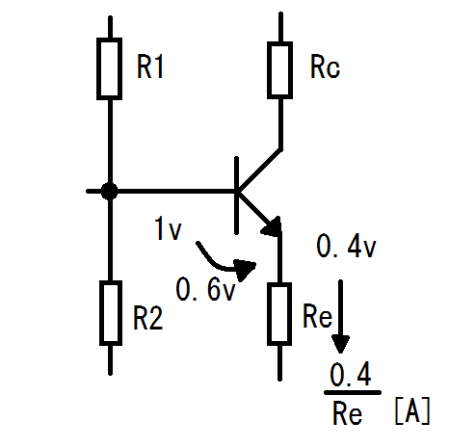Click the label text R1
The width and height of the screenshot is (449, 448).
[150, 66]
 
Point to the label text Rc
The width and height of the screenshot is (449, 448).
[325, 66]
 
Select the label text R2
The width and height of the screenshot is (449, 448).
[148, 318]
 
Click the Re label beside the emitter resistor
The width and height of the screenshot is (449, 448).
[317, 316]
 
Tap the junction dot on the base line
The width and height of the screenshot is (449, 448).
[109, 192]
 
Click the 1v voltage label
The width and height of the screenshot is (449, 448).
[168, 228]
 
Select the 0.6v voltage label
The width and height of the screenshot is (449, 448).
[206, 289]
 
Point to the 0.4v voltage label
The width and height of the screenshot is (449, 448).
[346, 246]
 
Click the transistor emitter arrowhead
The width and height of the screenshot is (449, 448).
[273, 227]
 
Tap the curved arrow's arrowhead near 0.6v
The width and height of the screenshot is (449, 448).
[245, 270]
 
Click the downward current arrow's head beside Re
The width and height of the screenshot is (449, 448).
[340, 344]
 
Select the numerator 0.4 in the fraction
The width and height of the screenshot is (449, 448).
[351, 374]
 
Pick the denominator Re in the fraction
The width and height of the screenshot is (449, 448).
[348, 413]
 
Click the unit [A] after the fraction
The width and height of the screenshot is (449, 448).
[412, 411]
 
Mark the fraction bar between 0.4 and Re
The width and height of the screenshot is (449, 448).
[353, 392]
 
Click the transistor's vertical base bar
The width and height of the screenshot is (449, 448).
[237, 196]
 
